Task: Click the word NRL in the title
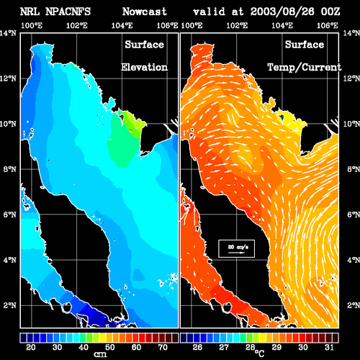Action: point(30,12)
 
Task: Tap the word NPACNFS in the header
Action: point(68,12)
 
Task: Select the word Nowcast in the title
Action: point(145,12)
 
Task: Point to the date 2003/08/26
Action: point(282,12)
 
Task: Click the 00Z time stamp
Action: point(330,12)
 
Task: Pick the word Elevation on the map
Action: point(144,67)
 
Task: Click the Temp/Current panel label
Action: point(305,67)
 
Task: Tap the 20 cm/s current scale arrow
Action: point(236,253)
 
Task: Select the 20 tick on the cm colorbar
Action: point(31,347)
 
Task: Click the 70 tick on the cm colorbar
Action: point(163,347)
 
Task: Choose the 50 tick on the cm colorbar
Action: point(110,347)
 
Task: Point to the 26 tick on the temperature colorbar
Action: point(197,347)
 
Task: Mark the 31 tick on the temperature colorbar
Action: point(329,347)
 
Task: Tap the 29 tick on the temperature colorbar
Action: point(276,347)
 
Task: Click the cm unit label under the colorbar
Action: point(100,354)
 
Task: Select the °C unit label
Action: point(259,354)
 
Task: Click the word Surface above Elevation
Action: point(144,45)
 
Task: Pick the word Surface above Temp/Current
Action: point(305,45)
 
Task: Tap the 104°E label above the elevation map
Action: point(122,25)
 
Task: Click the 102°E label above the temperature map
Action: point(237,25)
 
